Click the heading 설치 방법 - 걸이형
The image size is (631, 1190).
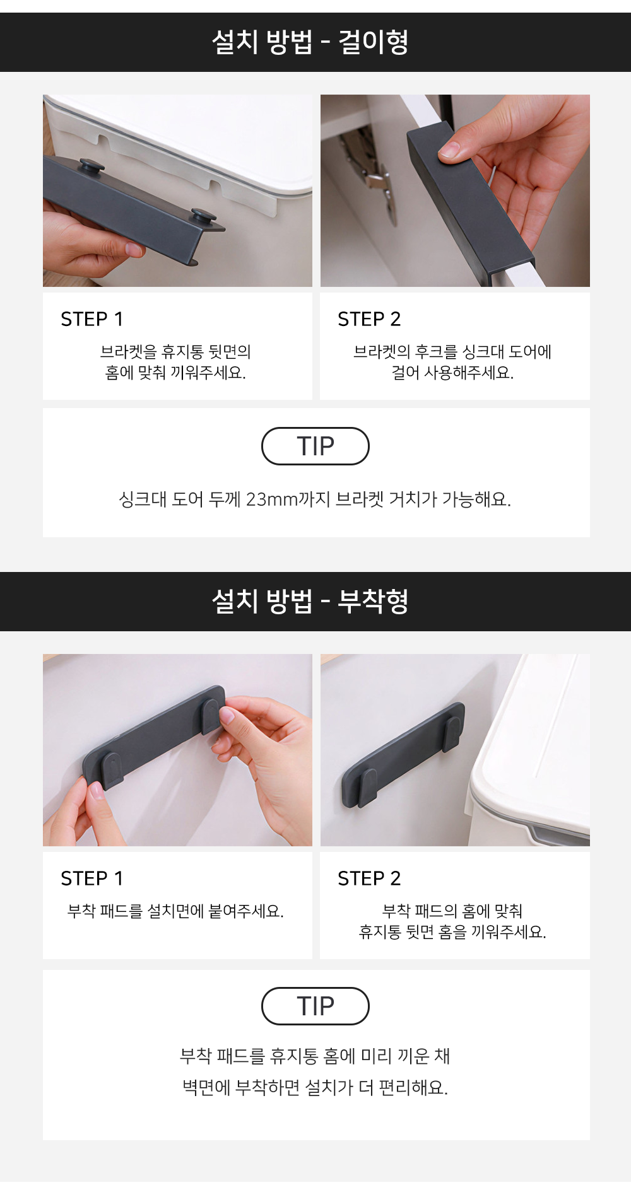point(310,42)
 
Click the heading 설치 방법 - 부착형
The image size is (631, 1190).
point(310,601)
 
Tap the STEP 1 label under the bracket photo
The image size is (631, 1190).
point(92,319)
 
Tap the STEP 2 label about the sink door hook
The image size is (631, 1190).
point(369,319)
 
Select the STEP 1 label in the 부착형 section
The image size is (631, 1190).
point(92,878)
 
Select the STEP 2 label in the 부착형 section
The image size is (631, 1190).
point(369,878)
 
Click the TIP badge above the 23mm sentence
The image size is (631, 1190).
point(315,446)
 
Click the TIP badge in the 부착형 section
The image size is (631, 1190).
point(315,1006)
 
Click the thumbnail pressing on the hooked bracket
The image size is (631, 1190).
point(449,149)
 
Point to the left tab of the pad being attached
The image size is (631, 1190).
point(111,769)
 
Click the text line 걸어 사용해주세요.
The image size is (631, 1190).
point(452,373)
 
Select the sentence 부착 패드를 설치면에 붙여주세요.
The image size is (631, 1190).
point(175,911)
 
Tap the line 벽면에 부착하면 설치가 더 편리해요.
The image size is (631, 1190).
point(315,1088)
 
